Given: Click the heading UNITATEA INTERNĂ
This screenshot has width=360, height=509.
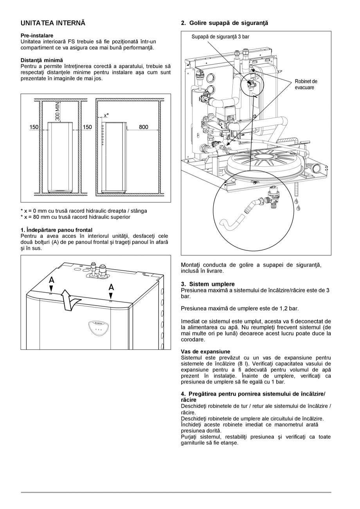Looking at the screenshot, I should pyautogui.click(x=53, y=23).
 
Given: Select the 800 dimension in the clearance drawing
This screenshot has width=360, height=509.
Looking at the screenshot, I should pyautogui.click(x=143, y=127).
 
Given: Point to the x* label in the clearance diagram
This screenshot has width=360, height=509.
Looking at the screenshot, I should pyautogui.click(x=106, y=115).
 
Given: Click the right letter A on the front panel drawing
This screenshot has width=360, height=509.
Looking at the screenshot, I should pyautogui.click(x=111, y=287).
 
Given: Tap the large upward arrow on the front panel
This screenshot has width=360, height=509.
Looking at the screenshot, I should pyautogui.click(x=70, y=301).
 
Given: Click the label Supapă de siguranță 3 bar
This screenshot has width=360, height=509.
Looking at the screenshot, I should pyautogui.click(x=220, y=37).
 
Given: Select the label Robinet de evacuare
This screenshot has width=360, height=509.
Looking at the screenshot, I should pyautogui.click(x=306, y=85).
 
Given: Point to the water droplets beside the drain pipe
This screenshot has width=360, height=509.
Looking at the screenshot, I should pyautogui.click(x=298, y=204).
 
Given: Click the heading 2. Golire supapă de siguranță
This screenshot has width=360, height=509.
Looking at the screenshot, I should pyautogui.click(x=225, y=23).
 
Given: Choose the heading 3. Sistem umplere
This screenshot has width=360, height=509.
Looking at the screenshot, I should pyautogui.click(x=208, y=284).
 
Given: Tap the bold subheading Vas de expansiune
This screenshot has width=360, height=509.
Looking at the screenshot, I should pyautogui.click(x=205, y=352).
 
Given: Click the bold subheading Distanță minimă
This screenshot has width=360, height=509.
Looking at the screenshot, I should pyautogui.click(x=41, y=60).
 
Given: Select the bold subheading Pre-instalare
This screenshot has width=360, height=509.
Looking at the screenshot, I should pyautogui.click(x=37, y=36).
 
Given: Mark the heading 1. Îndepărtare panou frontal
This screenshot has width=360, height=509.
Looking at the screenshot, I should pyautogui.click(x=56, y=230).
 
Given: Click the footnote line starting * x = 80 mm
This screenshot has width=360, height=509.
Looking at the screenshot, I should pyautogui.click(x=75, y=217).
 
